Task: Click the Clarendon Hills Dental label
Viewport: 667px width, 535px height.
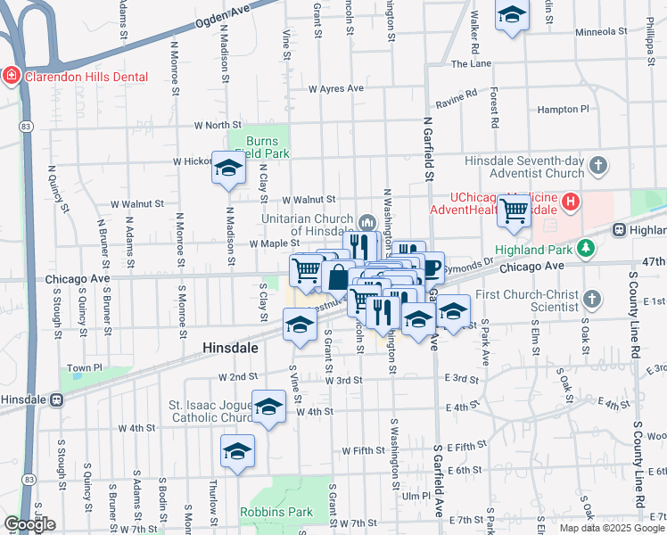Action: pos(86,77)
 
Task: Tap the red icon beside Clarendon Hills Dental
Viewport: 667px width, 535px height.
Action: pos(12,77)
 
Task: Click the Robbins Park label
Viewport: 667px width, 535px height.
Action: pos(276,513)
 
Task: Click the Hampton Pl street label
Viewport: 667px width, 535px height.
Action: pos(564,109)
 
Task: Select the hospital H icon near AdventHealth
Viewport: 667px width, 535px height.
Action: pos(570,203)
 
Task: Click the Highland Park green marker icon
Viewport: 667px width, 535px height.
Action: pos(586,247)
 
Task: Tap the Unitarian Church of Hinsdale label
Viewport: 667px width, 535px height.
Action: pos(308,224)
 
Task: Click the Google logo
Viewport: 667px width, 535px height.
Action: pos(30,524)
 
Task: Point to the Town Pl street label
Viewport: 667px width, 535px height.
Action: pos(86,367)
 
